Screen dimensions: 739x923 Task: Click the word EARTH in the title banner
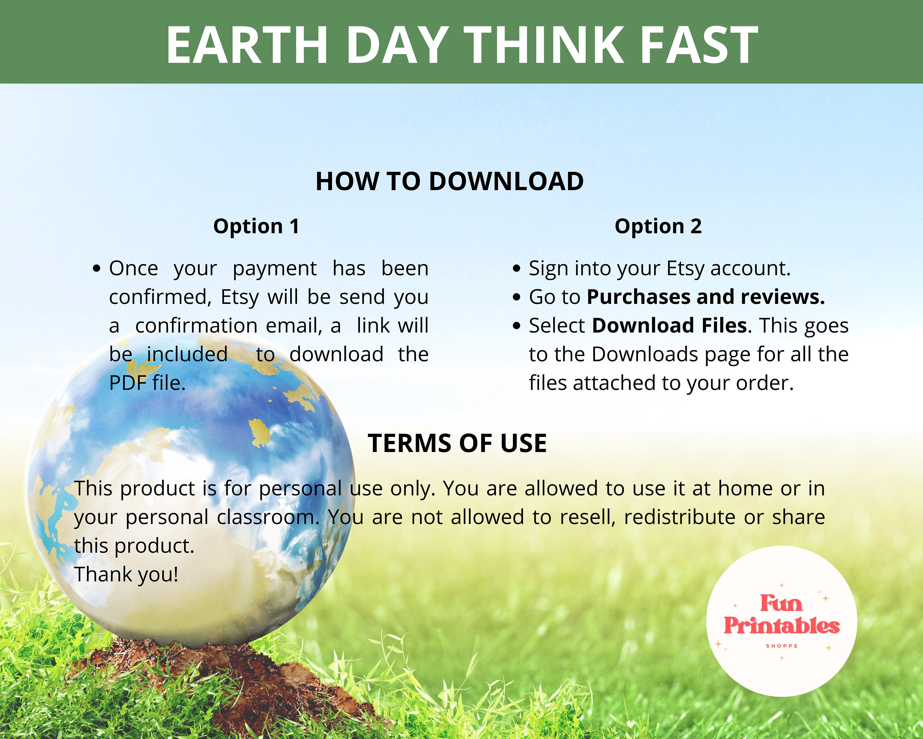coord(247,45)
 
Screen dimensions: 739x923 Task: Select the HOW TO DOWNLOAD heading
coord(450,181)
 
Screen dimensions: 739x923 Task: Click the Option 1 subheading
coord(256,226)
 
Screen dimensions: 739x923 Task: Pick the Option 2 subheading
coord(658,226)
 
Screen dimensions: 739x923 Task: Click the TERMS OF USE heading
coord(457,443)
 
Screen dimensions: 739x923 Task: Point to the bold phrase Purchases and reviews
coord(705,297)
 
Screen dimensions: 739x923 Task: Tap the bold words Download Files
coord(669,325)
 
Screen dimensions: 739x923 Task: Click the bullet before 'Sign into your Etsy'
coord(517,269)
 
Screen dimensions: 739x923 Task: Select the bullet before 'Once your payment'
coord(97,269)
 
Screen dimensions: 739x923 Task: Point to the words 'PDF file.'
coord(147,383)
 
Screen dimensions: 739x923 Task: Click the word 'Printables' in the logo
coord(781,626)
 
